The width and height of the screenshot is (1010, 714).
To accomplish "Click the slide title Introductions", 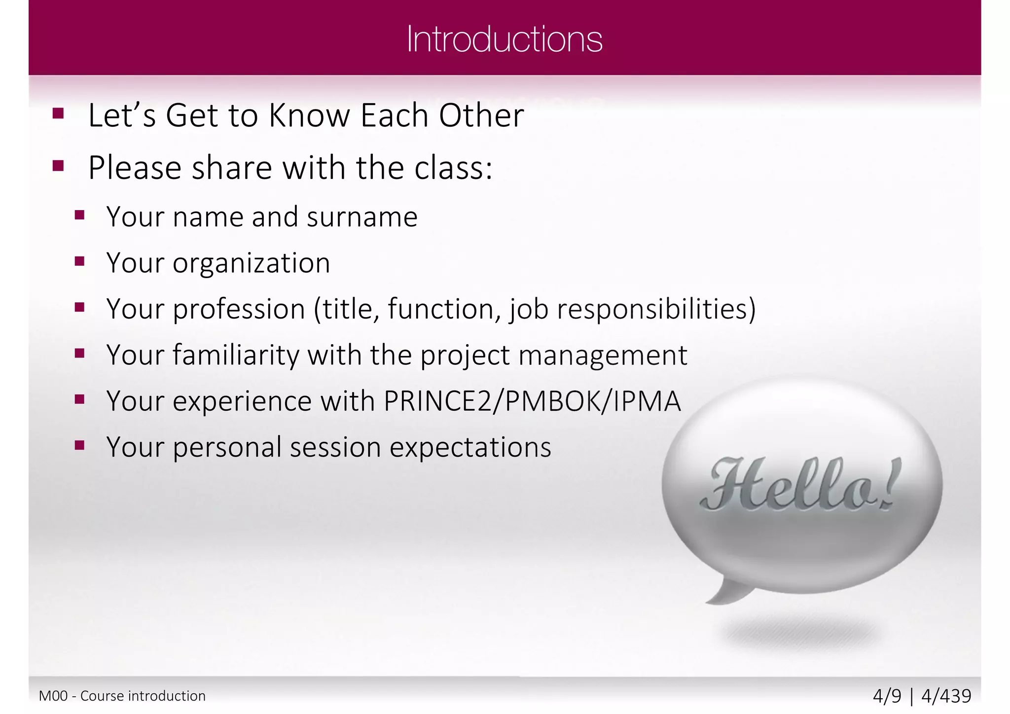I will click(x=505, y=39).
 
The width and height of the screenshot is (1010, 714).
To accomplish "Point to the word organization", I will click(x=251, y=263).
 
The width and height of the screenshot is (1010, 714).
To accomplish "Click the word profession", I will click(x=239, y=310).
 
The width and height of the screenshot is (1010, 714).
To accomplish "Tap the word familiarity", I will click(x=236, y=355).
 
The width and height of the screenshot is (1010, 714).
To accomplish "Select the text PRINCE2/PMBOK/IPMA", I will click(x=532, y=401).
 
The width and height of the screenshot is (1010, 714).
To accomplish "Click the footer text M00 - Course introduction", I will click(x=122, y=696).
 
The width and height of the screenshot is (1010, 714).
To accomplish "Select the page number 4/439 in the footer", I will click(x=946, y=696).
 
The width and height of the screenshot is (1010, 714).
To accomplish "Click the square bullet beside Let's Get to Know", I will click(x=58, y=114).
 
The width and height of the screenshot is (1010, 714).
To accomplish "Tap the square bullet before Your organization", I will click(x=80, y=261).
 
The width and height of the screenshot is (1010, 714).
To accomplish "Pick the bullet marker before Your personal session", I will click(x=80, y=446).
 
